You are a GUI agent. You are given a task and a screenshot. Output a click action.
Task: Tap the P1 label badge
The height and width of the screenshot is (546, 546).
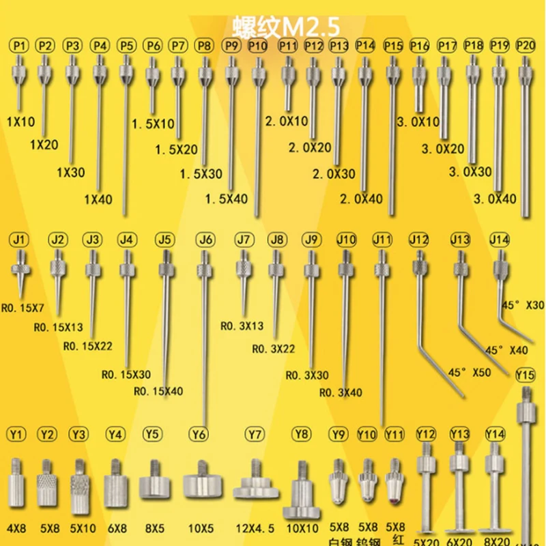[20, 46]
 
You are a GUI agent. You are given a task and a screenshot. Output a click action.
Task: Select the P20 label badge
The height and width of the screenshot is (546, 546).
[526, 46]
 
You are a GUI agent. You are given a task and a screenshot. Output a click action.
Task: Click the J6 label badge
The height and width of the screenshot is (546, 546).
[205, 240]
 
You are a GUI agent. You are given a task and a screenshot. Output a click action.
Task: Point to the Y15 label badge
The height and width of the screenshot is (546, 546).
[525, 375]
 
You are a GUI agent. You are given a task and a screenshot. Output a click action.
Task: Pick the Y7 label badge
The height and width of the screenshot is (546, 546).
[255, 434]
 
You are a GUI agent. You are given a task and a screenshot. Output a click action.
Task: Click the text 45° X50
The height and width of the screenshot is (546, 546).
[470, 373]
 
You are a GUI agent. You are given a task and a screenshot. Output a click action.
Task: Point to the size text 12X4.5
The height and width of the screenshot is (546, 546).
[255, 527]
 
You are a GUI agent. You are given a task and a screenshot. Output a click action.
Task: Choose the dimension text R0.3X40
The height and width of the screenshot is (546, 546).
[341, 392]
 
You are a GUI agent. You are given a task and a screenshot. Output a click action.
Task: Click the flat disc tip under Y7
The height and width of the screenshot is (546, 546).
[256, 489]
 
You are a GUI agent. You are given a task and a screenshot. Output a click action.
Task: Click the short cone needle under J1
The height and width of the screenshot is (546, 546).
[21, 273]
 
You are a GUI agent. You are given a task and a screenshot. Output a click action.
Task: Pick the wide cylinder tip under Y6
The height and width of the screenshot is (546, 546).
[203, 486]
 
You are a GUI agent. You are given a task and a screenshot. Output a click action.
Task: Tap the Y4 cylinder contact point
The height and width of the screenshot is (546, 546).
[116, 490]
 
